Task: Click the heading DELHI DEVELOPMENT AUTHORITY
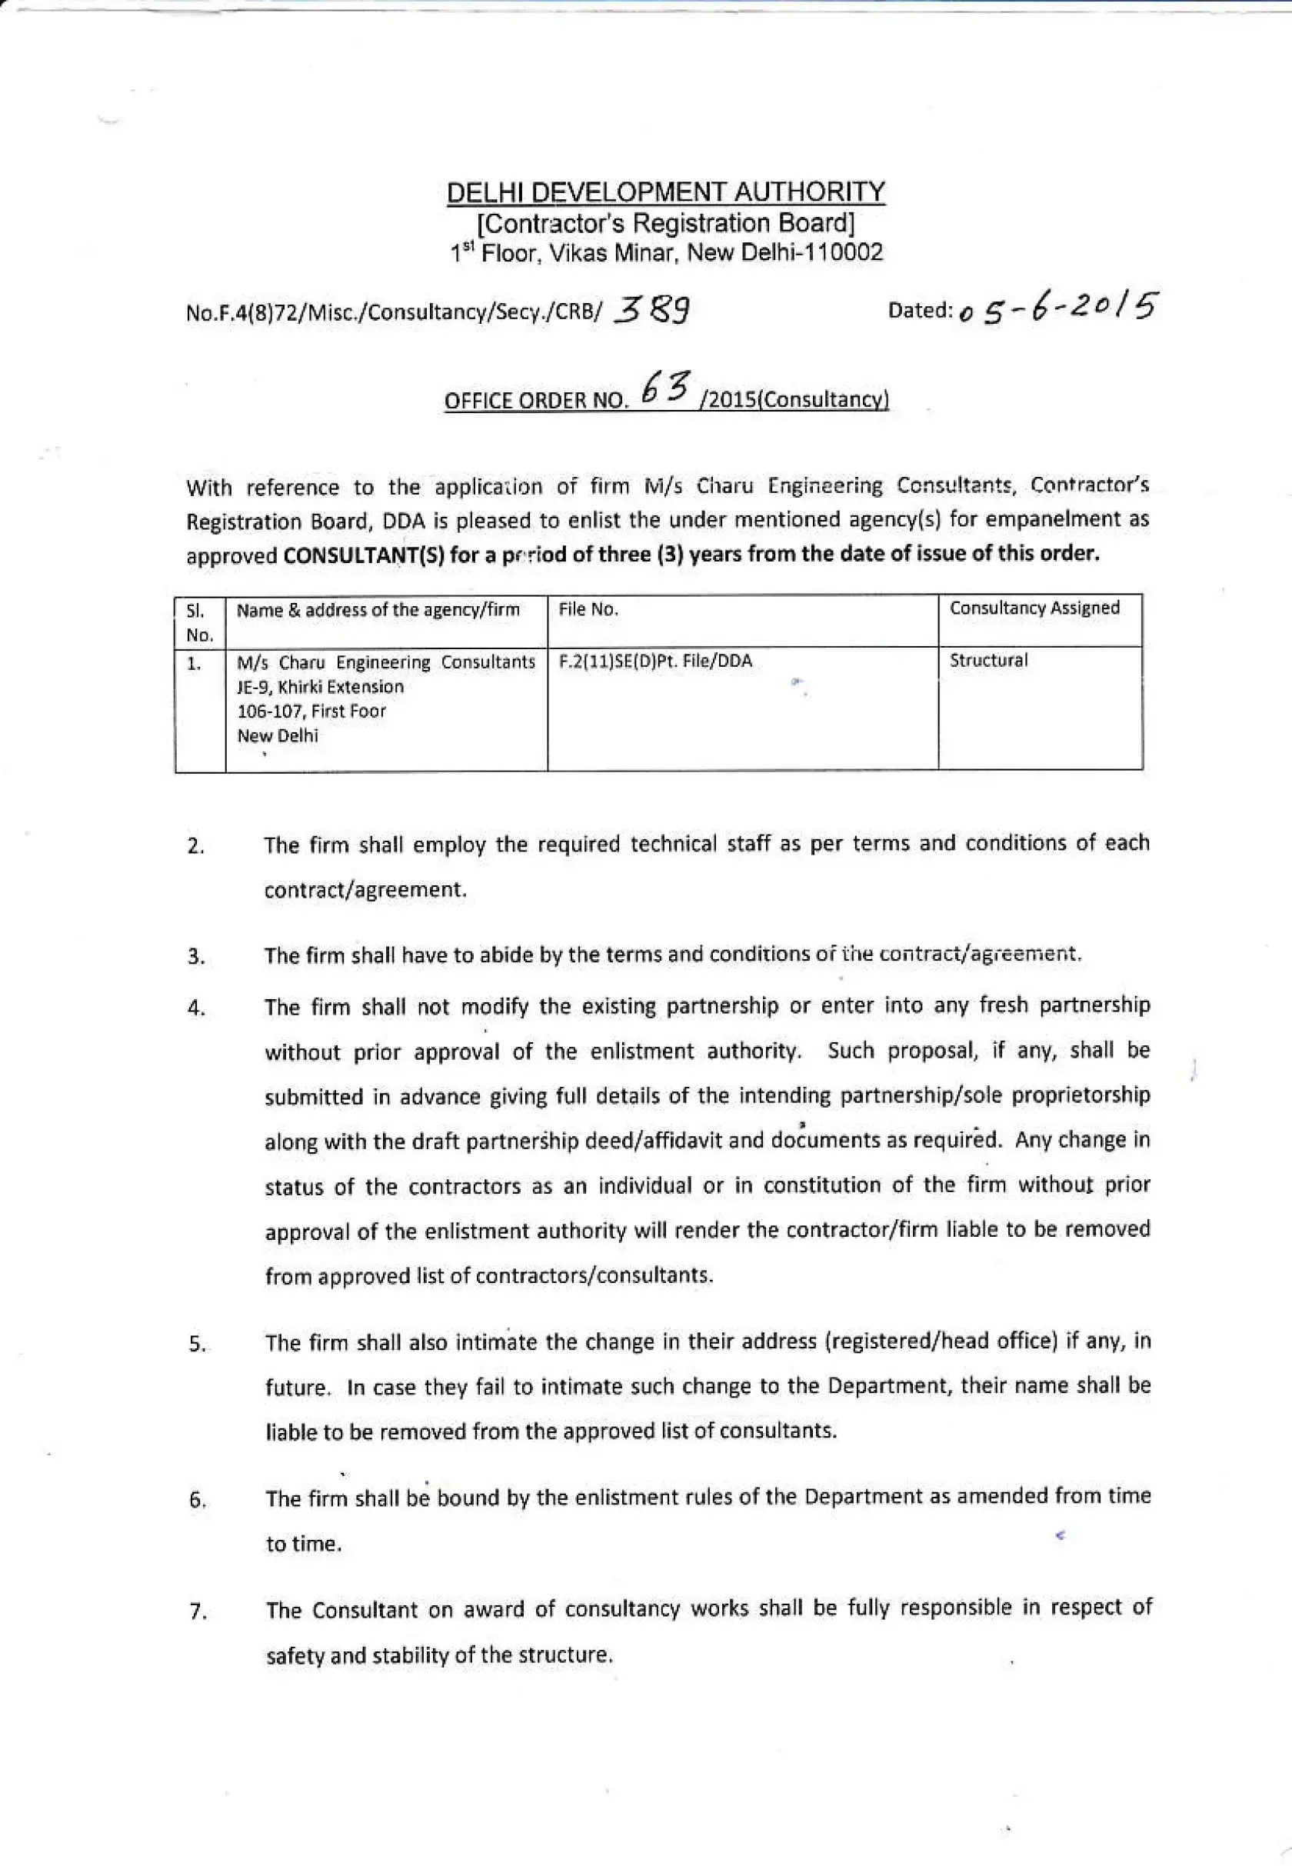665,192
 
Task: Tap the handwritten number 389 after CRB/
652,310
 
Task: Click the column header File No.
588,611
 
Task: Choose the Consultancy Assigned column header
1034,608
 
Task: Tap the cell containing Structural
987,661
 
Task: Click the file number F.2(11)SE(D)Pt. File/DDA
655,661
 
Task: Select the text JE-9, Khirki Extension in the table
320,687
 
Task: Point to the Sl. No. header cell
199,621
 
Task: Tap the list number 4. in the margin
195,1009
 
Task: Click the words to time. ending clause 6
304,1544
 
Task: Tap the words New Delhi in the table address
277,736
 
